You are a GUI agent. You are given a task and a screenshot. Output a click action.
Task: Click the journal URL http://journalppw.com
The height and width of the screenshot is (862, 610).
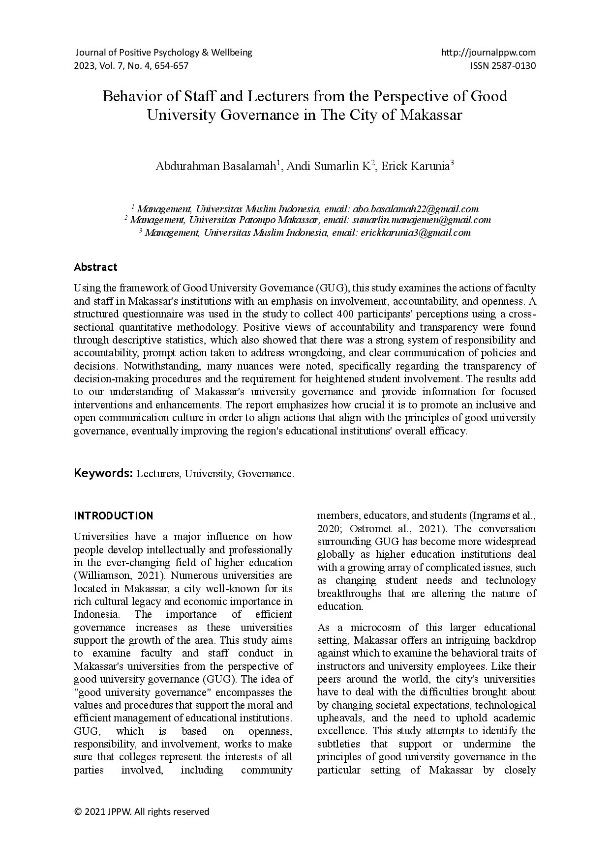pyautogui.click(x=488, y=53)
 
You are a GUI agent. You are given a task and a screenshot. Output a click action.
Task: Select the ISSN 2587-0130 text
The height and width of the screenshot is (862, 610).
pyautogui.click(x=503, y=66)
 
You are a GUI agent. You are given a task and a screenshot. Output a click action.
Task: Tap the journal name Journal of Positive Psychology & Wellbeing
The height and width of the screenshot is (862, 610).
pyautogui.click(x=163, y=53)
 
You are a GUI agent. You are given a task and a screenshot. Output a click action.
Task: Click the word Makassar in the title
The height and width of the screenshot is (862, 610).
pyautogui.click(x=431, y=115)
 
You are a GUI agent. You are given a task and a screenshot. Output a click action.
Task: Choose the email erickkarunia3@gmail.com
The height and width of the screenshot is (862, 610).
pyautogui.click(x=415, y=233)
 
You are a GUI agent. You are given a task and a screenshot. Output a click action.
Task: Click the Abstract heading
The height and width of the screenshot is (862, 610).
pyautogui.click(x=95, y=267)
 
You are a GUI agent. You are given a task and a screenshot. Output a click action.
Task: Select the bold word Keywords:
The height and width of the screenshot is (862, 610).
pyautogui.click(x=103, y=473)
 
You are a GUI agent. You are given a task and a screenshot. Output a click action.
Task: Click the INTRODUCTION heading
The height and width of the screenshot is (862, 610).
pyautogui.click(x=113, y=516)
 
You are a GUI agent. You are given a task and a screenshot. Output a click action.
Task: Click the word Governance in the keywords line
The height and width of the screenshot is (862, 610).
pyautogui.click(x=265, y=474)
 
